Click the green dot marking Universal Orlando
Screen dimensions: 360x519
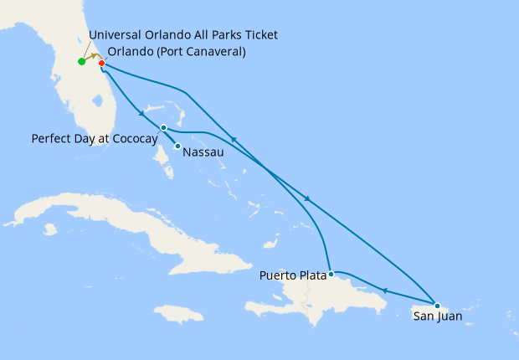[x=81, y=61]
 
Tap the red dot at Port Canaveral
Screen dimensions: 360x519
[x=101, y=63]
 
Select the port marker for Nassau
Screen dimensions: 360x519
[x=177, y=147]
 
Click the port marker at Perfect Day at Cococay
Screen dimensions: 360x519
[x=163, y=127]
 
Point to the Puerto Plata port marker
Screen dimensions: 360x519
[x=331, y=274]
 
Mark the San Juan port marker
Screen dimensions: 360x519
[x=437, y=306]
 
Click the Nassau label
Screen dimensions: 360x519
[x=203, y=152]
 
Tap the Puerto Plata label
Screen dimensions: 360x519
[x=292, y=274]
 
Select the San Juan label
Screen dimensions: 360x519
[x=438, y=317]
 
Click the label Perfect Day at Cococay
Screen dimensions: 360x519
[x=94, y=138]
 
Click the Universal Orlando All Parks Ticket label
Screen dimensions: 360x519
[x=182, y=34]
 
